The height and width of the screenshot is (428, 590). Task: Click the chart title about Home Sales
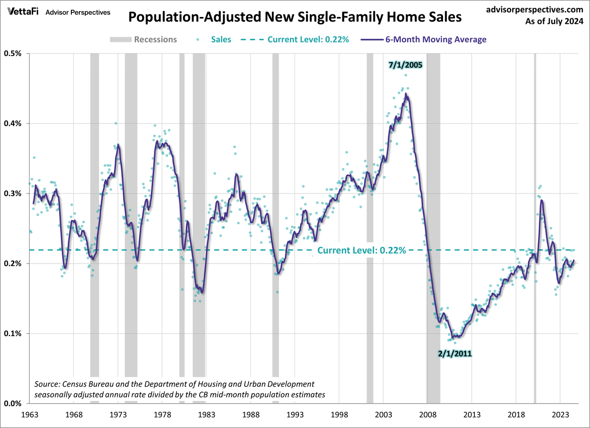coord(295,18)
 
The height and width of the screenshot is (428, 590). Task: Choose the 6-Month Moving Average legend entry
coord(436,39)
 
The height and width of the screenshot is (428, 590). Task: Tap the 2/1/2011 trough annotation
coord(455,354)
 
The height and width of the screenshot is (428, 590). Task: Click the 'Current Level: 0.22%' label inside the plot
coord(361,251)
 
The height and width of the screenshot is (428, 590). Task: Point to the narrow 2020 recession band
coord(535,184)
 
